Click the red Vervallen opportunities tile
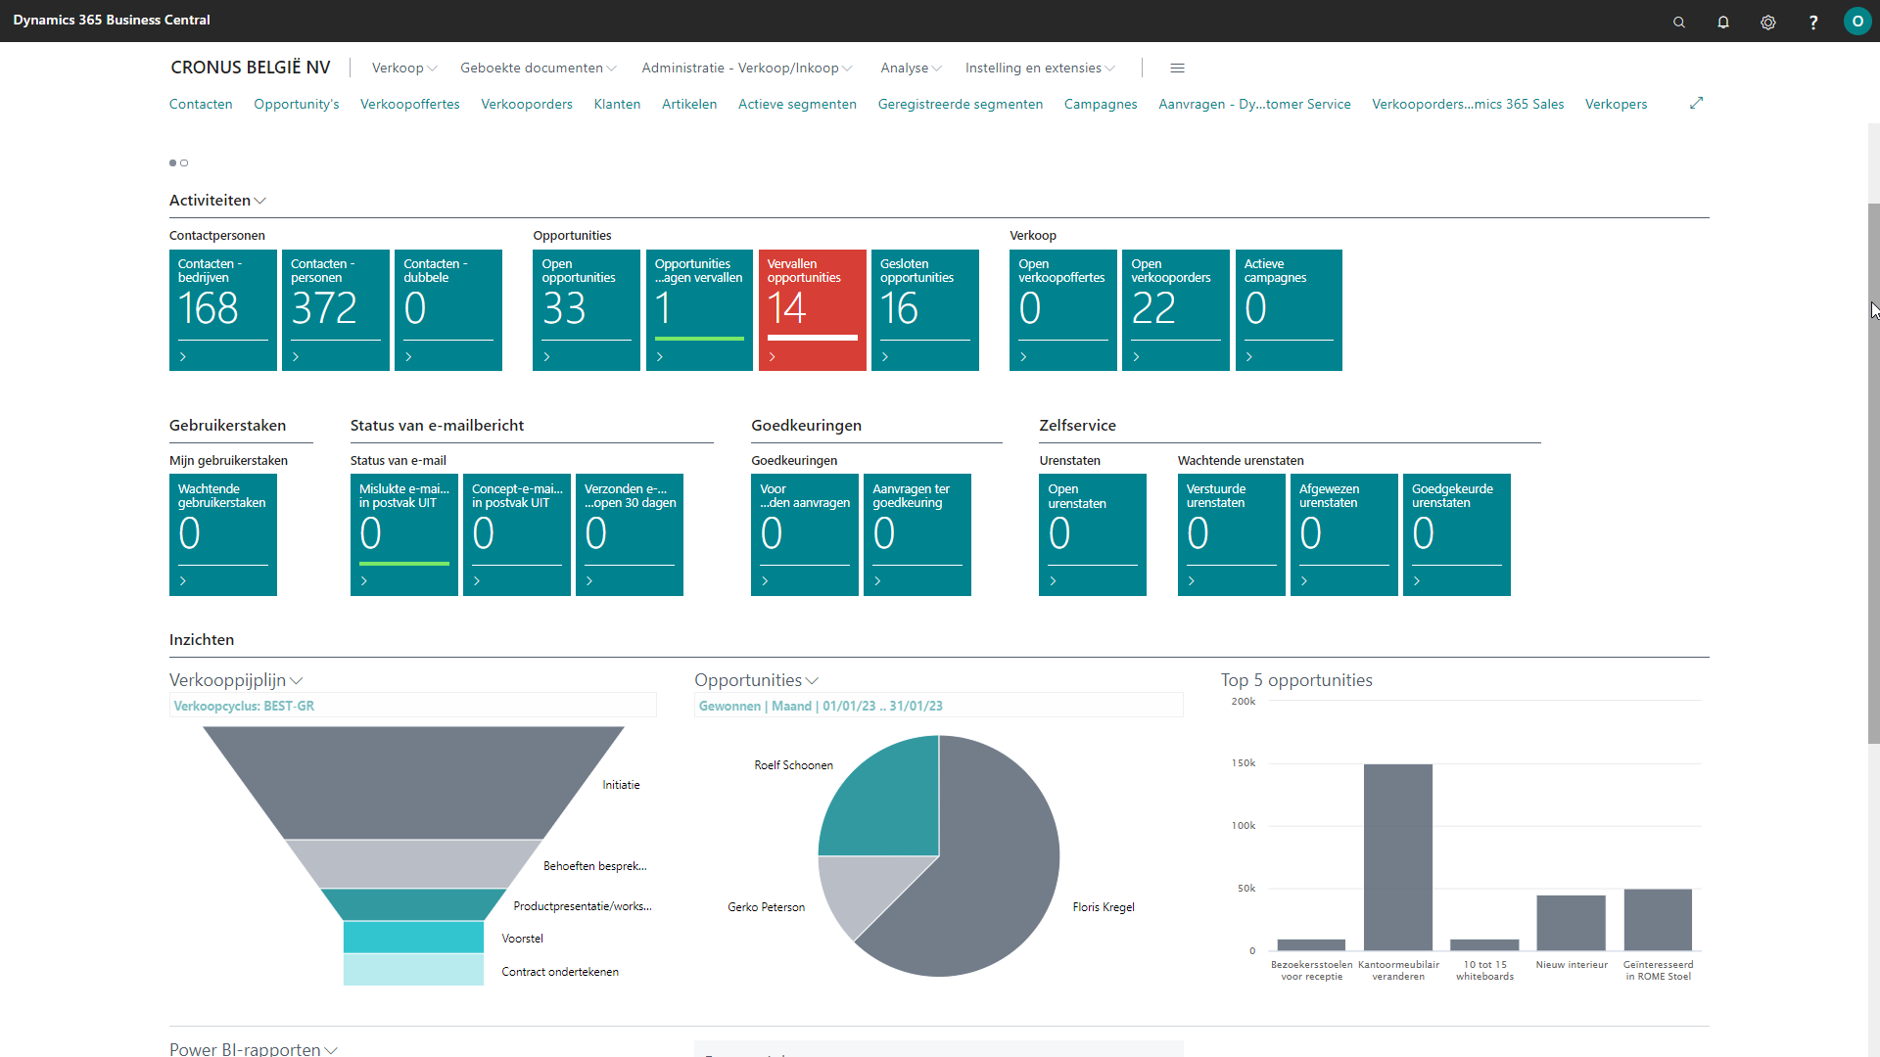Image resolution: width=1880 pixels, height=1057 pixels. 812,309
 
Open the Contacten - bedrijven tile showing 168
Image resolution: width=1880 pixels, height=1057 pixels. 222,309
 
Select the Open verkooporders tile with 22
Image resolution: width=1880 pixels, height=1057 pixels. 1175,309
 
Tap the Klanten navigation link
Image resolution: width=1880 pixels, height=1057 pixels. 617,104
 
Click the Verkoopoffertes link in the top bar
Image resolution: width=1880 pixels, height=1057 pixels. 409,104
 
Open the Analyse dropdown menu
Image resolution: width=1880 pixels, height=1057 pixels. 910,68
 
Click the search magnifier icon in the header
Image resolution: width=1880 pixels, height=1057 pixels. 1679,22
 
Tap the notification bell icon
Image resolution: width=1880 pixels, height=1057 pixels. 1723,22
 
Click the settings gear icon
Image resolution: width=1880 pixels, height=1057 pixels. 1768,22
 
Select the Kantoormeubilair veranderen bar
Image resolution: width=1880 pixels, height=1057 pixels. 1397,856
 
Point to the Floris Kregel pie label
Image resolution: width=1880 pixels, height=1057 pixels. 1103,907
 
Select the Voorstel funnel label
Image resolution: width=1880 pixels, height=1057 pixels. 522,939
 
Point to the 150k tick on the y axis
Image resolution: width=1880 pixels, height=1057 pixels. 1243,763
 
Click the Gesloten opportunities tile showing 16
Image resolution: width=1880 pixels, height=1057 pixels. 924,309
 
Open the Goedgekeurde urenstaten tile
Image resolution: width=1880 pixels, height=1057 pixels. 1456,534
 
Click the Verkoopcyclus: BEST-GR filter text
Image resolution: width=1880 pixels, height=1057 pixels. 244,706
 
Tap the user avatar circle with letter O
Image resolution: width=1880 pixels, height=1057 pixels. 1856,22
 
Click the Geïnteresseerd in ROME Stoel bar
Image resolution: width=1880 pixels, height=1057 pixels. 1657,919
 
